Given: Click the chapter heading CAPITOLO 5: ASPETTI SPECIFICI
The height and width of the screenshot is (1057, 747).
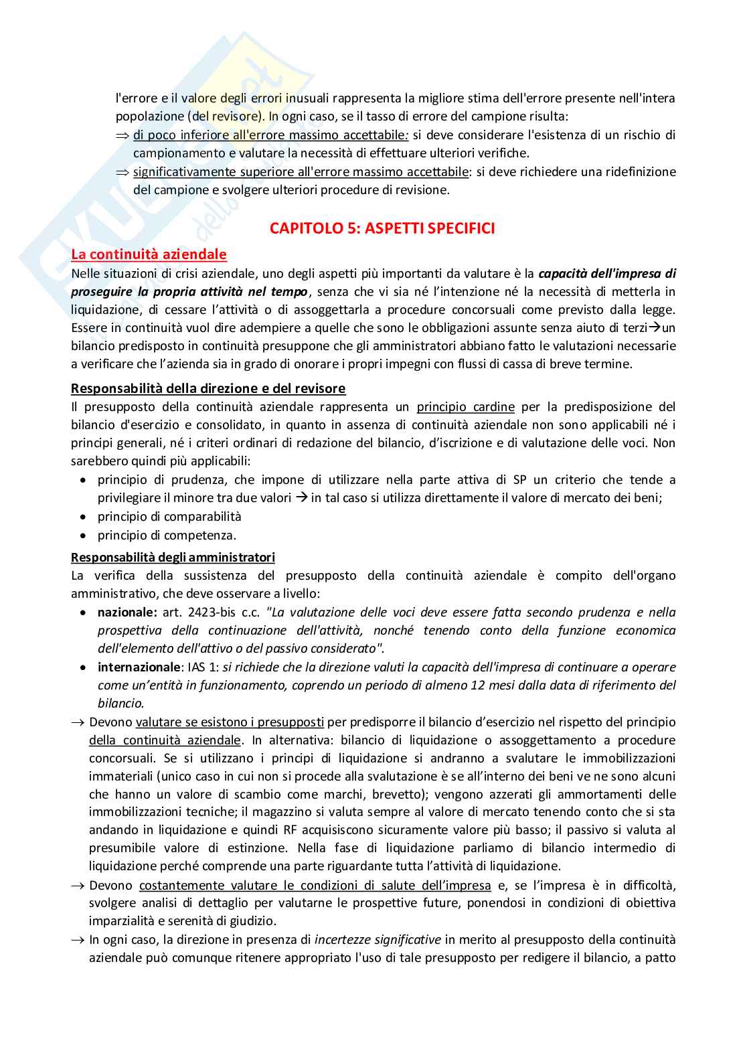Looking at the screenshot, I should click(x=382, y=228).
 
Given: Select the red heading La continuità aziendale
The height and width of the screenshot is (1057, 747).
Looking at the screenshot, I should click(x=149, y=254).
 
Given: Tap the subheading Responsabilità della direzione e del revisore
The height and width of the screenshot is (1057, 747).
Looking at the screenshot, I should click(x=208, y=388).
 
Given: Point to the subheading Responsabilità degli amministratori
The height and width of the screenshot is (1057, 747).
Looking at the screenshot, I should click(x=173, y=558).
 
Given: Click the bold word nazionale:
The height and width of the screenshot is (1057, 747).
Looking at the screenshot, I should click(x=127, y=613).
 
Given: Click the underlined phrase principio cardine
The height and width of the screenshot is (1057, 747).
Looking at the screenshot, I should click(x=465, y=407).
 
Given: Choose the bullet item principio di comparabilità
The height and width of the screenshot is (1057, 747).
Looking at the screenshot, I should click(x=169, y=517).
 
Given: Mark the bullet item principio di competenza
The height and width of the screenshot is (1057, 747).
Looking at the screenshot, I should click(x=167, y=536).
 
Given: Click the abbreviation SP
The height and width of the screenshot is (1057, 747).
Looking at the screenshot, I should click(x=519, y=480).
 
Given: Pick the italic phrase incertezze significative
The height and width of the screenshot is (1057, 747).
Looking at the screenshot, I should click(x=378, y=940).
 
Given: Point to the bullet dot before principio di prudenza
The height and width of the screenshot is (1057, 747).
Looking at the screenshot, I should click(x=82, y=481).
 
